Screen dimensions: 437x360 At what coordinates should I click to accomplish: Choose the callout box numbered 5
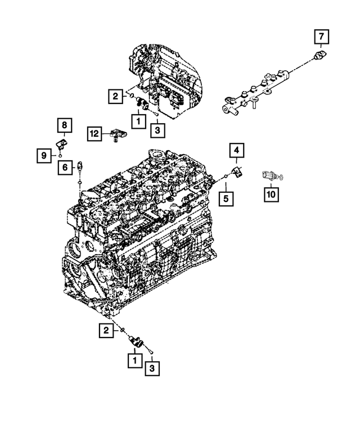pos(226,198)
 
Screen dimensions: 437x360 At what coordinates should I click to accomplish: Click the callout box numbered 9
pos(44,155)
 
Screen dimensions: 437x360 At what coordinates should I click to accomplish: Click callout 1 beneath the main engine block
pos(135,358)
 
